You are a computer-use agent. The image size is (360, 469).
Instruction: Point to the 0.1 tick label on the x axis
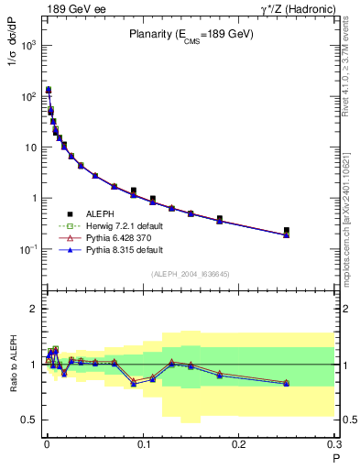[143, 444]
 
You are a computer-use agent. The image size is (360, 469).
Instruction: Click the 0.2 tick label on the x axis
[238, 444]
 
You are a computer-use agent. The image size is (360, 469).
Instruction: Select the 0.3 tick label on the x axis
[333, 444]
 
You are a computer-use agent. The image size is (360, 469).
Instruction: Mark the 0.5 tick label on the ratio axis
[30, 420]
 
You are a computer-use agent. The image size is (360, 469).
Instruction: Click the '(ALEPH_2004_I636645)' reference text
[190, 274]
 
